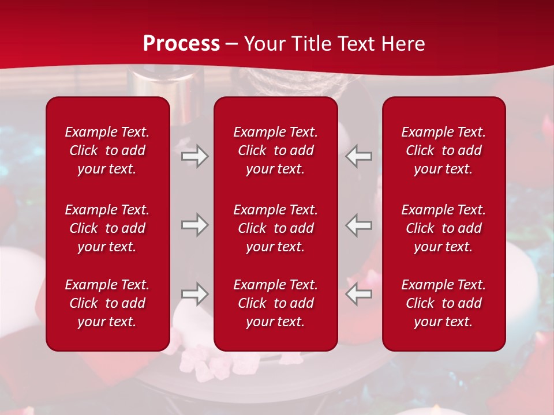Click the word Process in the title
181,44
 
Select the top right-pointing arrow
194,156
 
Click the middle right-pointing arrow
194,225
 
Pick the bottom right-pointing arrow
194,294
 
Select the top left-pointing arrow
359,156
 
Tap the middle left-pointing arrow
359,225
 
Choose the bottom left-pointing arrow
359,294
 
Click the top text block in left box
107,150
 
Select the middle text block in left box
107,228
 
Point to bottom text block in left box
107,303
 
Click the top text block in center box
276,150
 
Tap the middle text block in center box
276,228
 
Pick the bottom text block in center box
276,303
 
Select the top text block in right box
444,150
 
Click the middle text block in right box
444,228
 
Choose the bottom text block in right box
444,303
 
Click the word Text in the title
357,44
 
